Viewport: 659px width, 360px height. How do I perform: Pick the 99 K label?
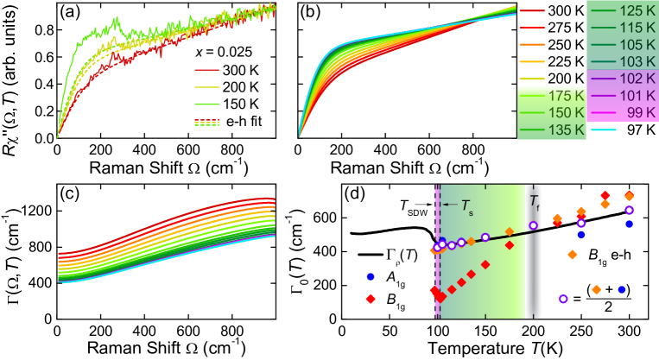point(641,112)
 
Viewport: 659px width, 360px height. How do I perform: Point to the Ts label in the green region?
point(466,205)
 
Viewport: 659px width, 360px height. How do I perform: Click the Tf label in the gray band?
point(535,202)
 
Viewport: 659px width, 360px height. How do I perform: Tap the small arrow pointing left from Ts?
point(449,205)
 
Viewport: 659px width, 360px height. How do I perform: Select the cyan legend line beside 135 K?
point(603,129)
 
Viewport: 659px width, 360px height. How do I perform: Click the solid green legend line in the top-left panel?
point(207,104)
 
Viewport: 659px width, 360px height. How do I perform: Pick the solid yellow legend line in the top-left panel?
point(207,87)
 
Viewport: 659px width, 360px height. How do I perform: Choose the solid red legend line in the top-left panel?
point(207,70)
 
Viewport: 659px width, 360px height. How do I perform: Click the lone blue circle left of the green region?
point(371,277)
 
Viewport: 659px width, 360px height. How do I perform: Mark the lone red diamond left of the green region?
point(371,299)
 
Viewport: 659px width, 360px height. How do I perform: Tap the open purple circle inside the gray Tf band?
point(533,225)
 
